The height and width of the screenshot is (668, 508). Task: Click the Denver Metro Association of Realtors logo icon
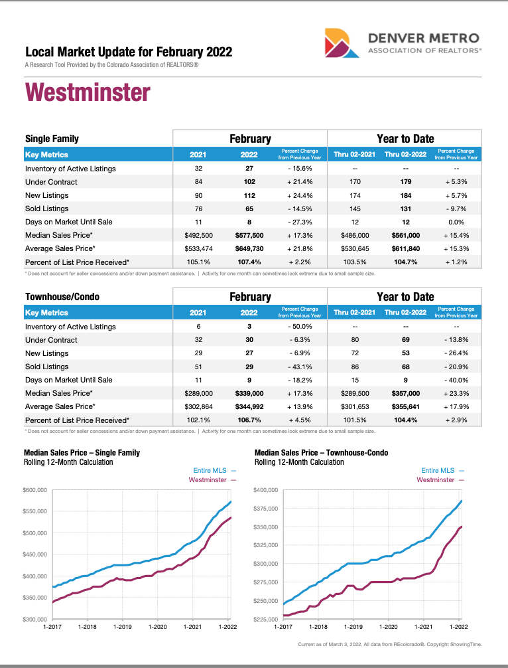point(342,43)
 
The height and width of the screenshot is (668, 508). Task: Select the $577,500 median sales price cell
point(249,235)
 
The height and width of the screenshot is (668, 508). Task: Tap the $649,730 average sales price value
point(249,248)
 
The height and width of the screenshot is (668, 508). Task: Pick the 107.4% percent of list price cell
point(249,262)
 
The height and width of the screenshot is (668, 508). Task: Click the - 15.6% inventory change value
point(300,169)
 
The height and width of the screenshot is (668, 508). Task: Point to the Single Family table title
point(52,139)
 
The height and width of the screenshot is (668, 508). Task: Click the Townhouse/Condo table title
point(62,297)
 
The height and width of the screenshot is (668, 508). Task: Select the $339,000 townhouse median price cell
point(249,393)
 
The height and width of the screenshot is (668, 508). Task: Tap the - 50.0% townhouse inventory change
point(300,327)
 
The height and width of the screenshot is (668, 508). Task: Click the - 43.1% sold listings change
point(300,367)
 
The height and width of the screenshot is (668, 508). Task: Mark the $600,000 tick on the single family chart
point(35,490)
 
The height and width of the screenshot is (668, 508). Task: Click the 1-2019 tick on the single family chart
point(122,626)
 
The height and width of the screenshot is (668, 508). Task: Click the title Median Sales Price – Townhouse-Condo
point(321,453)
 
